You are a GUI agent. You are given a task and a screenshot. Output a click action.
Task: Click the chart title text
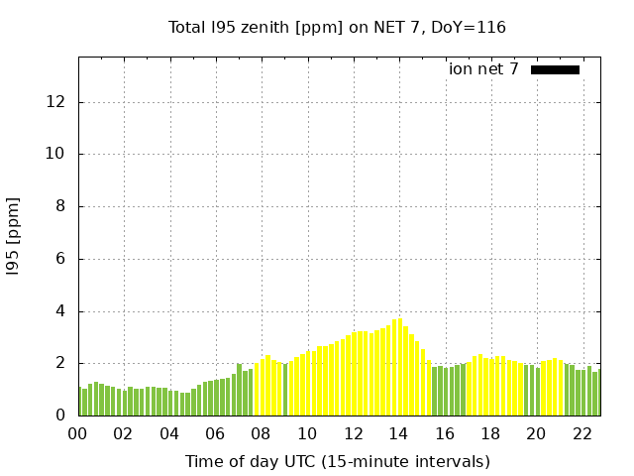point(337,27)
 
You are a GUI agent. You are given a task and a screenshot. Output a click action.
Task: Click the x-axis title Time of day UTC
point(337,461)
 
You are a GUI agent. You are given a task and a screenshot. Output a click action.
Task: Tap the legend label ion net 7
point(483,69)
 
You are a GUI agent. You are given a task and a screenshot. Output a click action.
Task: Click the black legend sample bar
point(555,69)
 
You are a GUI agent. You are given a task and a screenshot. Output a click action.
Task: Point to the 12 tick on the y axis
point(57,102)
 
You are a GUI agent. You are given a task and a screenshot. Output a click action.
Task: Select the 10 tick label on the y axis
point(57,154)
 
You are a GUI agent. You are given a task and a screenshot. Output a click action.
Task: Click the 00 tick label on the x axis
point(78,433)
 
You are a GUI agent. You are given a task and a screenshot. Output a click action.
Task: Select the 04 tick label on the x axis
point(169,433)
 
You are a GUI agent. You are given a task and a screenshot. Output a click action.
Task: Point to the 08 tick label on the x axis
point(262,433)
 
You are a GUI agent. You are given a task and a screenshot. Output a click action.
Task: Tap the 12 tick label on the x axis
point(353,433)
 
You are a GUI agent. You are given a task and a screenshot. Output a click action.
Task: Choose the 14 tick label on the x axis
point(398,433)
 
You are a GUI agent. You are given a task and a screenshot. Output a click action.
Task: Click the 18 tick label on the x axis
point(490,433)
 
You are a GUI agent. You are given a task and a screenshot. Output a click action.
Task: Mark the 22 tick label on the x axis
point(581,433)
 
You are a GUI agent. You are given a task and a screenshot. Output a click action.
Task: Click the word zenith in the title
point(263,27)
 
